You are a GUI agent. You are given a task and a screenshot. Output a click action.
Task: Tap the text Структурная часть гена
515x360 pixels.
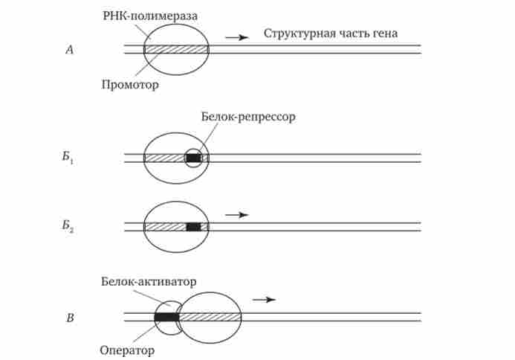point(331,33)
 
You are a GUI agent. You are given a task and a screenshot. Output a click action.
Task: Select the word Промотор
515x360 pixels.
point(130,85)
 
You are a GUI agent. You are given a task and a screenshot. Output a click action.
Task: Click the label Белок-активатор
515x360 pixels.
point(148,282)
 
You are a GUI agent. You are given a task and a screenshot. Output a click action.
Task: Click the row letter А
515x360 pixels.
point(69,50)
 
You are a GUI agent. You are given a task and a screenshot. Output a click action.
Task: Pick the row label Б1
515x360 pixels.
point(70,158)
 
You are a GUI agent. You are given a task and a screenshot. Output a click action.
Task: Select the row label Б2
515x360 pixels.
point(70,226)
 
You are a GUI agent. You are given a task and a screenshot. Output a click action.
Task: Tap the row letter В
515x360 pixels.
point(70,319)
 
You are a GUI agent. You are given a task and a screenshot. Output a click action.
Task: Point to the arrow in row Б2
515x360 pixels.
point(236,214)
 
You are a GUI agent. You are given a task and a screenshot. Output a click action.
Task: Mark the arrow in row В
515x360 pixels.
point(264,299)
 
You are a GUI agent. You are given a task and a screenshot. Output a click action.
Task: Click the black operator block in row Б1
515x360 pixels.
point(193,158)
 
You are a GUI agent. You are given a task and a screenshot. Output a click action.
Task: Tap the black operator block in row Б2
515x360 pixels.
point(193,226)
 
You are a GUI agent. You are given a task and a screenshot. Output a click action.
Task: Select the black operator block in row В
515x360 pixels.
point(166,318)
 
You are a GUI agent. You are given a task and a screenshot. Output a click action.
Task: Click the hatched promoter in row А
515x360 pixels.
point(175,50)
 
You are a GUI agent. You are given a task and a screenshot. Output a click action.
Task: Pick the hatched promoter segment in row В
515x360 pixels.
point(210,318)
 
